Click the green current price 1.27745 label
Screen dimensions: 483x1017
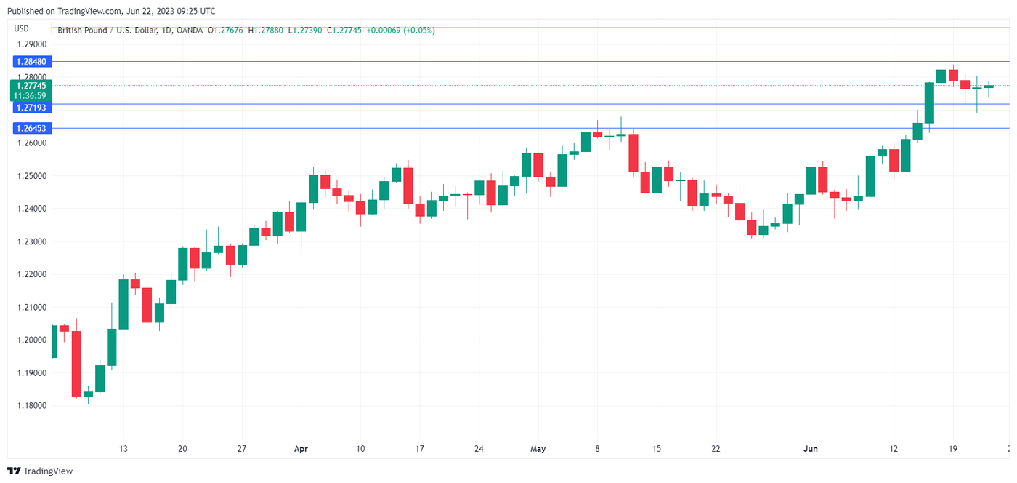point(30,86)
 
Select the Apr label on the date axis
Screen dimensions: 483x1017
point(301,449)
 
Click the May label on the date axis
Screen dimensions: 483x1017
point(538,449)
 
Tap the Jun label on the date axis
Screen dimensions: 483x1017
point(811,449)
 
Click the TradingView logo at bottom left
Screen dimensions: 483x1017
point(40,471)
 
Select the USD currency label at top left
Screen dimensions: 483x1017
point(22,29)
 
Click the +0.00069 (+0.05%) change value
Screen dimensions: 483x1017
point(400,31)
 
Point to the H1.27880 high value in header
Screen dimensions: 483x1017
point(266,31)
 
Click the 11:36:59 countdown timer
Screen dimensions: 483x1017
point(30,95)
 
